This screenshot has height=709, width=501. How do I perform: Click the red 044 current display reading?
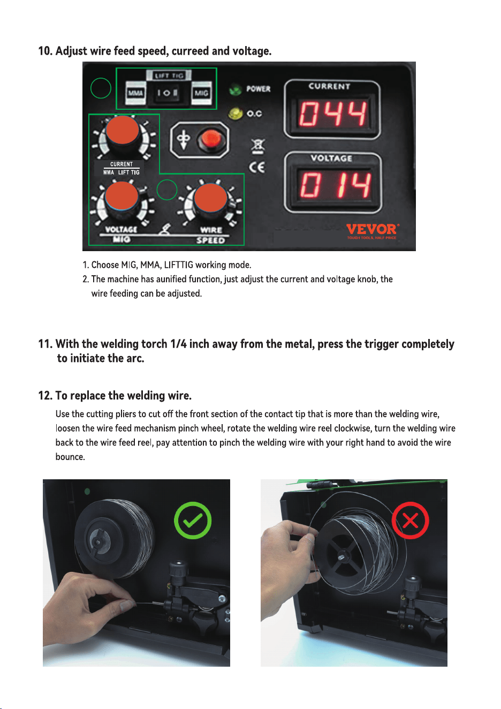[x=333, y=113]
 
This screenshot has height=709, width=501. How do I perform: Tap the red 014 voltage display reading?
[x=335, y=185]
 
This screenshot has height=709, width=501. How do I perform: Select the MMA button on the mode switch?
[x=136, y=93]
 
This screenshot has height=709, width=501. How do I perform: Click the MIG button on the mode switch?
[x=201, y=93]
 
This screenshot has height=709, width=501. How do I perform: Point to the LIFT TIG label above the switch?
[x=169, y=76]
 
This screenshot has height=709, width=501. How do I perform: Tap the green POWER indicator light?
[x=235, y=89]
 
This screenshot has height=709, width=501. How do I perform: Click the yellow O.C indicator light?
[x=236, y=114]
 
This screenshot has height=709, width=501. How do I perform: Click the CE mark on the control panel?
[x=256, y=167]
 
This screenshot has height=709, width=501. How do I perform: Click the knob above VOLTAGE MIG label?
[x=122, y=197]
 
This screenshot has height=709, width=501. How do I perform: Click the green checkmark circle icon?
[x=193, y=521]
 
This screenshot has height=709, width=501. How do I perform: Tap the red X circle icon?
[x=410, y=521]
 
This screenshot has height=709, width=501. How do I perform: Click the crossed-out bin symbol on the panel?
[x=258, y=147]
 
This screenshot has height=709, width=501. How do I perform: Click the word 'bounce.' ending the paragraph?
[x=70, y=457]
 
